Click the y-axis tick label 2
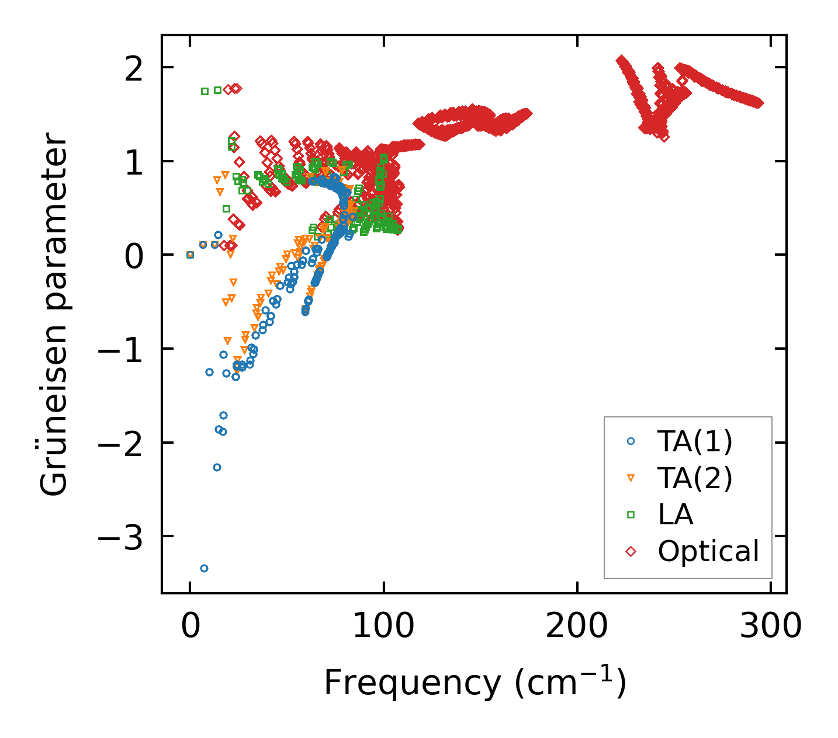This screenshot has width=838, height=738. point(134,69)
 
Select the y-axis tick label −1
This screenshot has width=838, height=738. point(122,350)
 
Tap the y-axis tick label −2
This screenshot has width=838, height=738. point(122,444)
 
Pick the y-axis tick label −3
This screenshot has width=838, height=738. point(122,538)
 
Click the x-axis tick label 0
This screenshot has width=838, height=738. point(190,628)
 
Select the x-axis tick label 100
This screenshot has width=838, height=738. point(383,628)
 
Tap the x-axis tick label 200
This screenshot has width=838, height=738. point(577,628)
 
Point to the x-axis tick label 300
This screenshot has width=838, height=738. point(770,628)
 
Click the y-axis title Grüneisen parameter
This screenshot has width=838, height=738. point(54,314)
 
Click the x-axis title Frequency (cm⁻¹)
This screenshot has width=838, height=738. point(475,681)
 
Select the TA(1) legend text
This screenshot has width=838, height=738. point(695,442)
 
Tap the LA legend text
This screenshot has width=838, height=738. point(676,514)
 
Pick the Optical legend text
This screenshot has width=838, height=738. point(708,551)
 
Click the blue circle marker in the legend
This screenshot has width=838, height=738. point(631,442)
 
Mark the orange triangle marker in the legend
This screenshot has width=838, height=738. point(631,478)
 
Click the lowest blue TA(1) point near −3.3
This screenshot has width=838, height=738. point(204,568)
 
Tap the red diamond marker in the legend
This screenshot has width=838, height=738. point(631,551)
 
